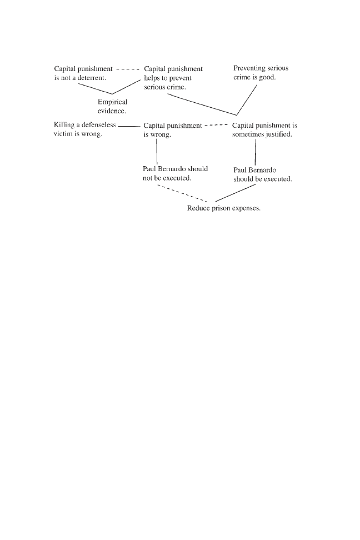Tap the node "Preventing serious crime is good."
tap(261, 73)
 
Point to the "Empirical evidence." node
tap(113, 106)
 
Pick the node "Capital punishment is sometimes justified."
tap(264, 130)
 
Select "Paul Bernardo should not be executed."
tap(175, 173)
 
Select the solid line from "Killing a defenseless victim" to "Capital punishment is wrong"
tap(130, 126)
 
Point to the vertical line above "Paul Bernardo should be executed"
tap(255, 150)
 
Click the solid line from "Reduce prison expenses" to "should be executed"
tap(236, 193)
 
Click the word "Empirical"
tap(113, 102)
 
